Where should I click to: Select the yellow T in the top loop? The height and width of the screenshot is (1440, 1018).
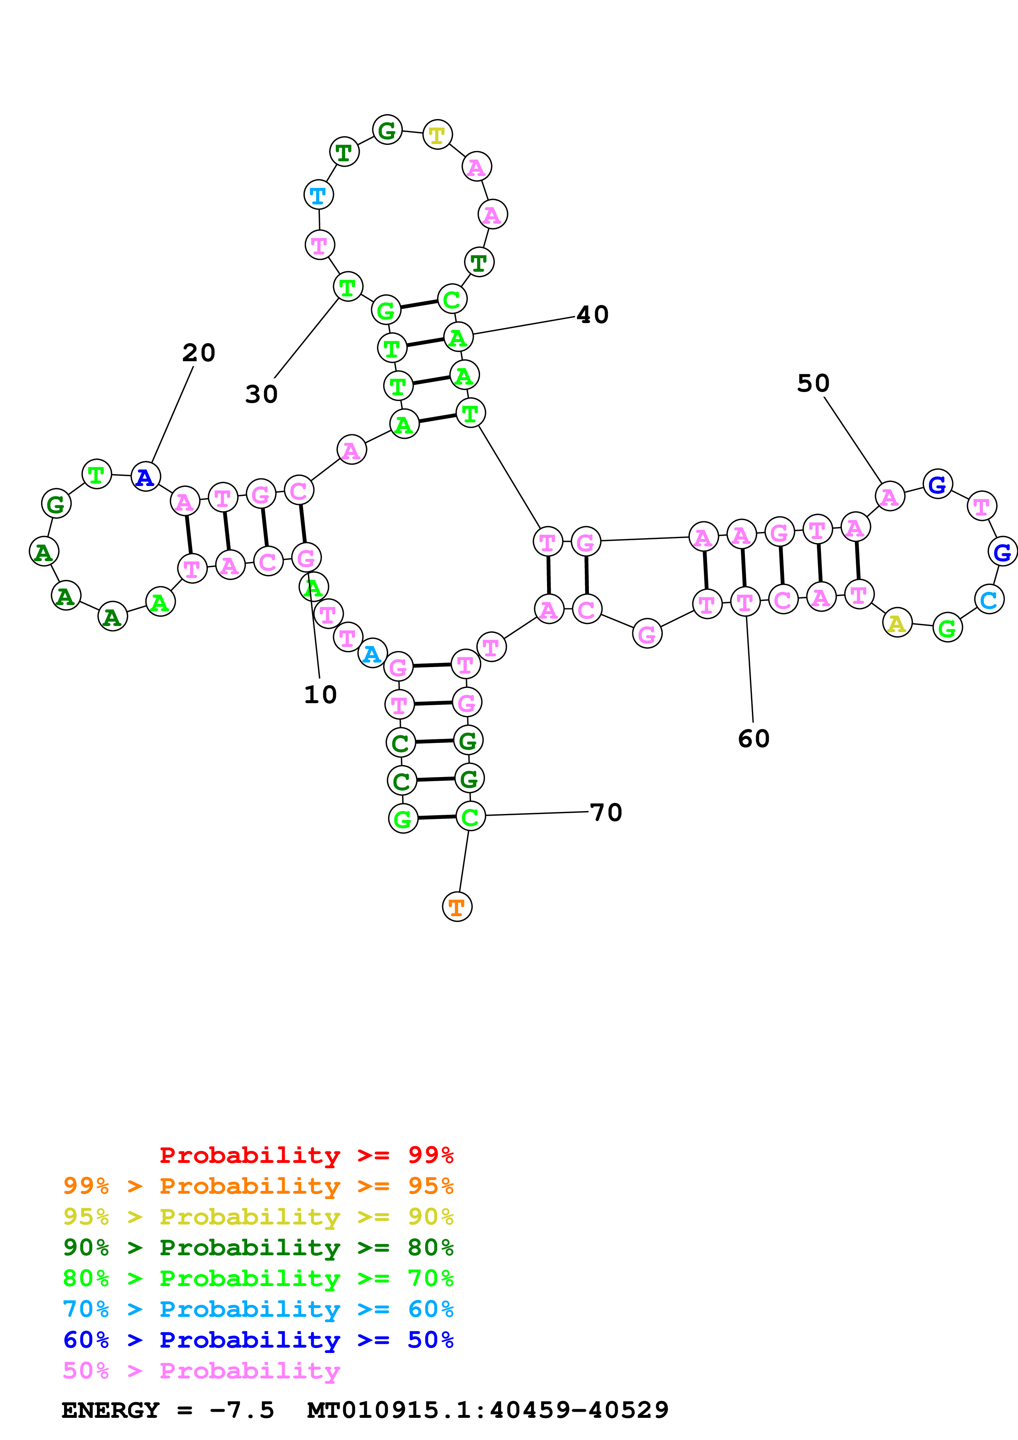coord(437,134)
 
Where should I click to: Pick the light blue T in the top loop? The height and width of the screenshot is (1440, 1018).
coord(319,195)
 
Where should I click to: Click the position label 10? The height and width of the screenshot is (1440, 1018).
coord(321,694)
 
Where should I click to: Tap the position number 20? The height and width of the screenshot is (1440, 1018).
coord(199,353)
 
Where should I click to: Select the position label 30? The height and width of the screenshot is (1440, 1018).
coord(262,394)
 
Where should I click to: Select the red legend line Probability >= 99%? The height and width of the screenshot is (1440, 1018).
coord(307,1155)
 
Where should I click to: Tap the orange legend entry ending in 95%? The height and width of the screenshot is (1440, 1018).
coord(258,1185)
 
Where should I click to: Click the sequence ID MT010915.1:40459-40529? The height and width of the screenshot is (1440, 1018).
coord(488,1410)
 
